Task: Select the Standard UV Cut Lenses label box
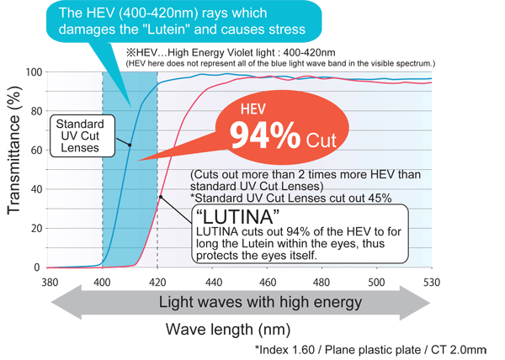click(79, 134)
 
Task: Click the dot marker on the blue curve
click(129, 145)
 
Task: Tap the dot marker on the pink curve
click(161, 197)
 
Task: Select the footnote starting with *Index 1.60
click(369, 348)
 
